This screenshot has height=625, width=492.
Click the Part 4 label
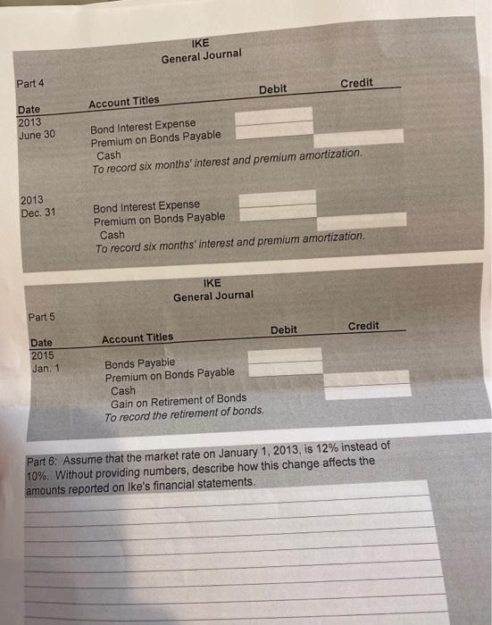click(31, 84)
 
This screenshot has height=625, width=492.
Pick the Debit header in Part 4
click(272, 89)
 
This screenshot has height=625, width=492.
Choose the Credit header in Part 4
click(356, 83)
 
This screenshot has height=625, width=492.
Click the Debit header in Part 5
click(283, 330)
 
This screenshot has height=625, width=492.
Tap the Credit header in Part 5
click(363, 326)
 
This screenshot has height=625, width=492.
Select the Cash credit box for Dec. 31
click(362, 219)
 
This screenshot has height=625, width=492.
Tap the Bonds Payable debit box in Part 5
click(284, 354)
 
